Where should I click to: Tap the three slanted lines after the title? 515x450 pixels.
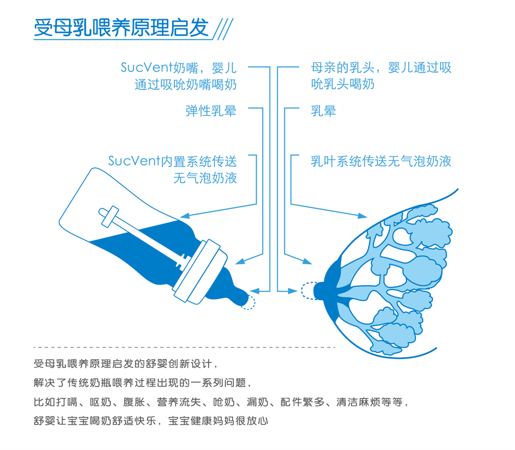223,29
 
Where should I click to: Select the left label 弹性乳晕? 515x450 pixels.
211,111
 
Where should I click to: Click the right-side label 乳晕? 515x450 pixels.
324,111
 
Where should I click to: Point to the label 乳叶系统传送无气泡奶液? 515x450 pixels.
381,161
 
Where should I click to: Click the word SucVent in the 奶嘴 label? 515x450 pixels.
146,68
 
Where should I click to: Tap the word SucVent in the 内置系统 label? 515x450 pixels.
134,161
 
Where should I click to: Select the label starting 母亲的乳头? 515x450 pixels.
381,76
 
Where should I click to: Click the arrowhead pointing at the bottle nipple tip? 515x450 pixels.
255,291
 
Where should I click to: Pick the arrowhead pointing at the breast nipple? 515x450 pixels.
293,291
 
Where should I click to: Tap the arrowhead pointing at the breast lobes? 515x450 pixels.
362,216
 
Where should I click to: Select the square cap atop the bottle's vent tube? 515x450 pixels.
110,217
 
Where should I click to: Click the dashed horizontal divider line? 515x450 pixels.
184,347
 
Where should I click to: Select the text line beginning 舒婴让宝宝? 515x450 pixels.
150,421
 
